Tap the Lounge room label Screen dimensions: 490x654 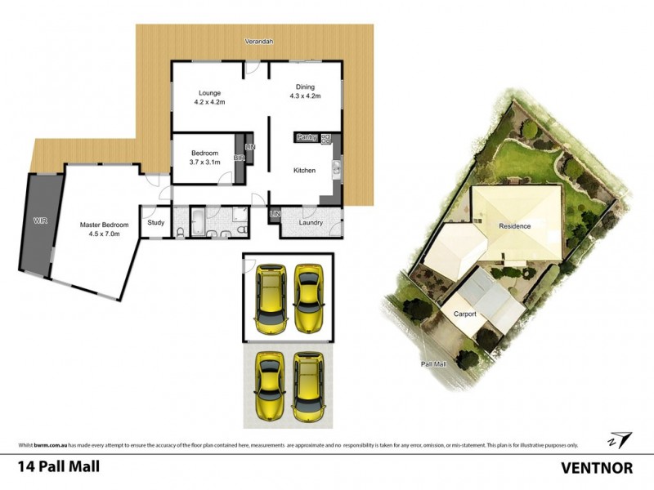tap(209, 96)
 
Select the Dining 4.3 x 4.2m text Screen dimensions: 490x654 tap(304, 91)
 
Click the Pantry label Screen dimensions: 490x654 tap(307, 137)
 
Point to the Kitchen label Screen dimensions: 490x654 tap(305, 171)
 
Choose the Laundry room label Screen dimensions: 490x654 tap(311, 222)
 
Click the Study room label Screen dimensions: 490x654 tap(155, 222)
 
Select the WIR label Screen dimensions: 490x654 tap(40, 221)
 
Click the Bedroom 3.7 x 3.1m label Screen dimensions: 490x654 tap(204, 158)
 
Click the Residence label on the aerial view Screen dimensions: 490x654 tap(516, 226)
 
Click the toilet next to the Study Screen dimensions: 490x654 tap(179, 233)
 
